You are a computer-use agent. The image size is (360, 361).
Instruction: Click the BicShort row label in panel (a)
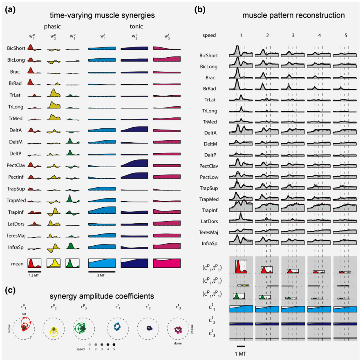point(16,48)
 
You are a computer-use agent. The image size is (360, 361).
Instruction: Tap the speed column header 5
point(346,36)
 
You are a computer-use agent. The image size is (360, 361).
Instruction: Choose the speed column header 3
point(293,36)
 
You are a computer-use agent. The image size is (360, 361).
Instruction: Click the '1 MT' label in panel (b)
point(241,353)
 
